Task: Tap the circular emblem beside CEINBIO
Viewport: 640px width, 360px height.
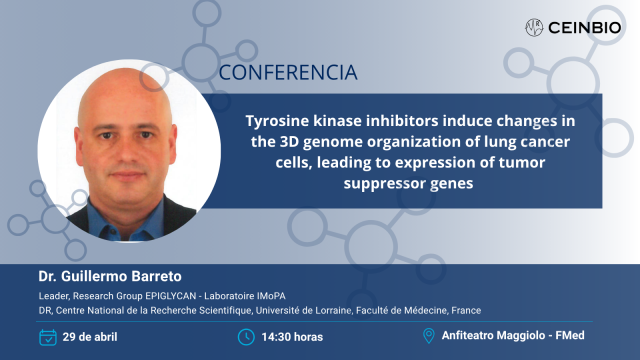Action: click(534, 26)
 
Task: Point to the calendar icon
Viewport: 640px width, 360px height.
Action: click(48, 336)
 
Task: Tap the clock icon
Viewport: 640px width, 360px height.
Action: click(246, 336)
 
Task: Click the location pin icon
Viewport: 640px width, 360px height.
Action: click(429, 336)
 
